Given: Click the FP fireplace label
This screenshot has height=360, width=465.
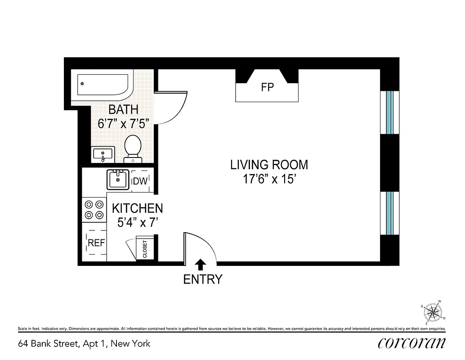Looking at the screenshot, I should tap(267, 87).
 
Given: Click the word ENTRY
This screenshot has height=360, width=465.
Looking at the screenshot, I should tap(202, 279).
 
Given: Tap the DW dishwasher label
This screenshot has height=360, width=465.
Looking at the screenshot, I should tap(139, 181).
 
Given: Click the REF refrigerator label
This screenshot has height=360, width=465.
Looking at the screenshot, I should tap(96, 243).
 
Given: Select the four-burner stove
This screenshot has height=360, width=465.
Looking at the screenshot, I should tap(94, 209).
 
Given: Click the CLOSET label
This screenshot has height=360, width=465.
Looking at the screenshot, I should tap(145, 249).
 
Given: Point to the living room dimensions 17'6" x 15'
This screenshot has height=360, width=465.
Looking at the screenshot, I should tap(269, 180).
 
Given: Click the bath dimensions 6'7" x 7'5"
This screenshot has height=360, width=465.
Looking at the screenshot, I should tap(123, 124).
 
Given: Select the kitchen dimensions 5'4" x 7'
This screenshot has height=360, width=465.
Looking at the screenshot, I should tap(137, 223).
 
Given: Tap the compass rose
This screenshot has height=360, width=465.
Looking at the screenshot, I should tap(433, 312).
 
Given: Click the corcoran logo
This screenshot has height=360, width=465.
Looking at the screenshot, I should tap(411, 343).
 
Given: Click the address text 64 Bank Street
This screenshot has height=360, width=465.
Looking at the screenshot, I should tap(84, 344).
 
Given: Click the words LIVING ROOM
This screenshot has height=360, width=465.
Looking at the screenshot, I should tap(269, 165).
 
